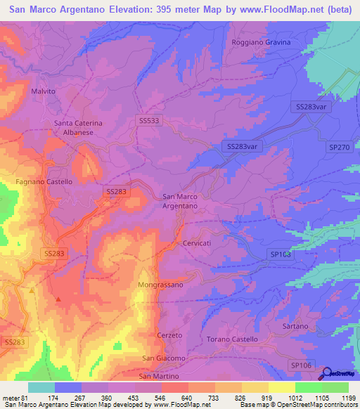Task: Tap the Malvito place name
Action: click(43, 91)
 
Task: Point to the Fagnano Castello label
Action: click(44, 181)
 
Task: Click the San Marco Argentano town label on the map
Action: click(180, 201)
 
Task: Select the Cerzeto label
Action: click(169, 335)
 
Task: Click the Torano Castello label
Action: click(232, 339)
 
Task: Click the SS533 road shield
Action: click(149, 121)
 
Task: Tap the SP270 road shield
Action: click(338, 148)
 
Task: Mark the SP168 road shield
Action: click(279, 254)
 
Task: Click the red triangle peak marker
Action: click(58, 299)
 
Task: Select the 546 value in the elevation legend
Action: click(160, 398)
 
